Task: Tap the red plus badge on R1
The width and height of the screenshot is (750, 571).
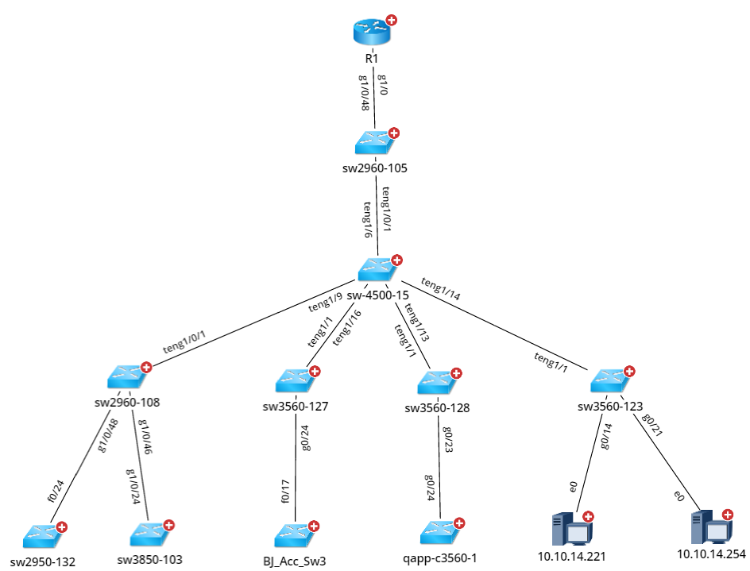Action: coord(391,21)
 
